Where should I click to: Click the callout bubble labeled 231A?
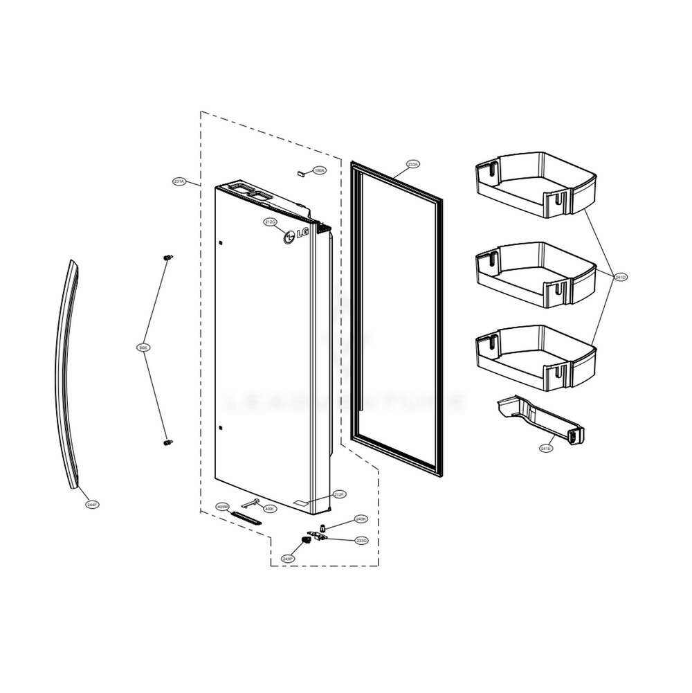179,181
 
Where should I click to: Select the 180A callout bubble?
318,170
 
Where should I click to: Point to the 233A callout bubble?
413,165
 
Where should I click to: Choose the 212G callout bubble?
270,222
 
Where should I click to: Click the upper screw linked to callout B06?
167,258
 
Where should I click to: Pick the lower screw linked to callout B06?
167,441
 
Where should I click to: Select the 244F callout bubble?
93,505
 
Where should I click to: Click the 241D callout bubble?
620,277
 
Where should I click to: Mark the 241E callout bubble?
545,449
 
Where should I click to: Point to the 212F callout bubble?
339,494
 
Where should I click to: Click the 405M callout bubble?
222,507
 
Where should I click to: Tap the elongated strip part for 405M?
246,517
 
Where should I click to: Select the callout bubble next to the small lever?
270,509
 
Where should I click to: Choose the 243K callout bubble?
361,519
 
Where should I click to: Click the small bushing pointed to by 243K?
323,528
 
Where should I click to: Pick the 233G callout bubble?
361,540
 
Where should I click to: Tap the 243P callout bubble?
287,558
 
